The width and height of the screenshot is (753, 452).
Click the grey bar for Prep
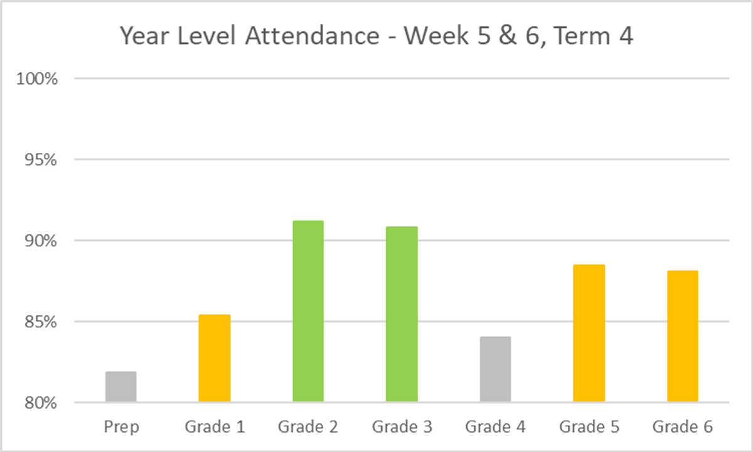pyautogui.click(x=120, y=387)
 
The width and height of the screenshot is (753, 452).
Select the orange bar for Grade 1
pyautogui.click(x=215, y=358)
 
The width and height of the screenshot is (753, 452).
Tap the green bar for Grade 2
pyautogui.click(x=308, y=311)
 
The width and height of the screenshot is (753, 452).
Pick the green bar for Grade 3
pyautogui.click(x=402, y=314)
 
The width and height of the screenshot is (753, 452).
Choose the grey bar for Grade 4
pyautogui.click(x=495, y=369)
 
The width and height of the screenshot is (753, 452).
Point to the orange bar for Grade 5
pyautogui.click(x=589, y=333)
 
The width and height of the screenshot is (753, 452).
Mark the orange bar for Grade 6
pyautogui.click(x=683, y=336)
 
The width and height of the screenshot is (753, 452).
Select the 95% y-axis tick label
pyautogui.click(x=40, y=160)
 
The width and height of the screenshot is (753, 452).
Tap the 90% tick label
pyautogui.click(x=40, y=241)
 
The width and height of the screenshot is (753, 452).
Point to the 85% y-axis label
pyautogui.click(x=40, y=322)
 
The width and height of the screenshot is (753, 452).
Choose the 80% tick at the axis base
pyautogui.click(x=40, y=403)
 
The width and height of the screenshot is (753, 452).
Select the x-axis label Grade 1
pyautogui.click(x=215, y=428)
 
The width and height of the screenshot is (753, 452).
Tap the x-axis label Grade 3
pyautogui.click(x=402, y=428)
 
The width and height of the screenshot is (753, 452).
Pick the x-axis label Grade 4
pyautogui.click(x=495, y=428)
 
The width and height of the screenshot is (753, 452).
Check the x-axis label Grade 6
pyautogui.click(x=683, y=428)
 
